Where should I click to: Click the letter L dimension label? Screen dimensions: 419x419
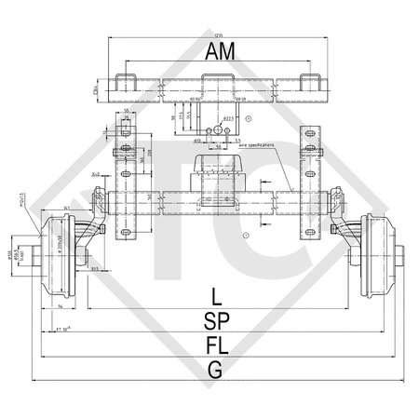click(x=216, y=299)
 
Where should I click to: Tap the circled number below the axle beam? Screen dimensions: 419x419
click(x=218, y=237)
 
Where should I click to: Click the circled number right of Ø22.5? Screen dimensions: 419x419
click(x=252, y=119)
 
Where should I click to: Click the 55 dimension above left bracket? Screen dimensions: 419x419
click(x=126, y=111)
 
